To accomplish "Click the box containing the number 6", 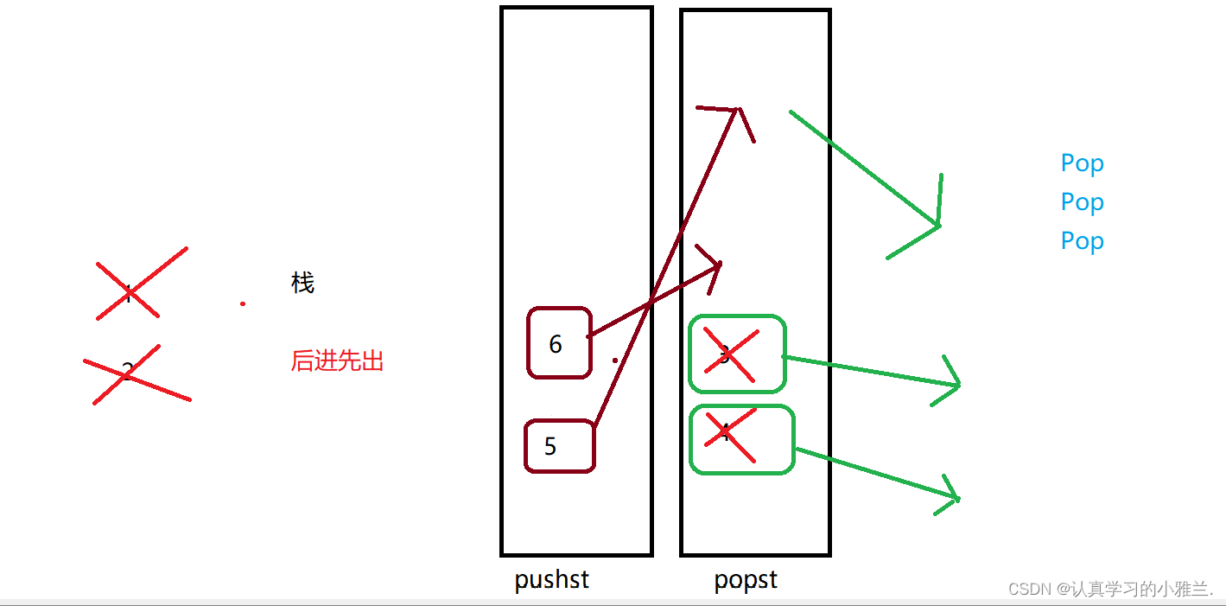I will coord(559,343).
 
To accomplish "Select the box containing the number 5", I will coord(559,446).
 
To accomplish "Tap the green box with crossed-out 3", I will coord(737,354).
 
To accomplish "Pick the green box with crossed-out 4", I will coord(741,439).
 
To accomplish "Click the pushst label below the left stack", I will coord(551,579).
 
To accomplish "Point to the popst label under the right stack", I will coord(746,579).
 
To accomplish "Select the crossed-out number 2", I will coord(128,373).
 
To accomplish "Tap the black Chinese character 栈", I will coord(302,283).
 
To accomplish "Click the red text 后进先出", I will coord(337,361).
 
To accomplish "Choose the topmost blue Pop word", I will coord(1082,163).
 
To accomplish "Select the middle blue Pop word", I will coord(1082,202).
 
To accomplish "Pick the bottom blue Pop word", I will coord(1082,241).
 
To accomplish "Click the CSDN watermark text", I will coord(1110,589).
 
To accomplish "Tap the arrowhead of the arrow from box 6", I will coord(719,265).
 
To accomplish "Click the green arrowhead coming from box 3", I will coord(957,384).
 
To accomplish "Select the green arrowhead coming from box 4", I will coord(956,498).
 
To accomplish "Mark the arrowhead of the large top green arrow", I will coord(937,226).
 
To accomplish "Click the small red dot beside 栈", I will coord(243,303).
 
